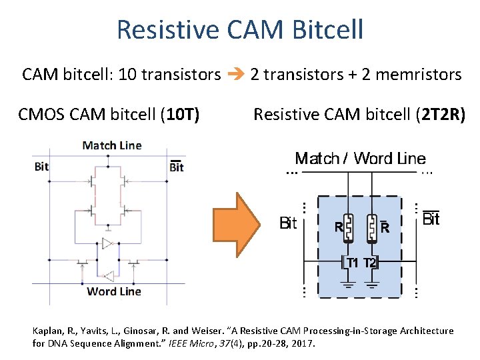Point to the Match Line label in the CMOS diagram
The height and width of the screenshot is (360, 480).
[x=111, y=145]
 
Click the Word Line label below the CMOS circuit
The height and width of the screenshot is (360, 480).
[x=114, y=291]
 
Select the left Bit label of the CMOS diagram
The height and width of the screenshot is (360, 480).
[x=41, y=166]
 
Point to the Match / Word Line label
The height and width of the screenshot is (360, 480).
[x=360, y=159]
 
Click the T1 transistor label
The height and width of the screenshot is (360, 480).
[x=353, y=263]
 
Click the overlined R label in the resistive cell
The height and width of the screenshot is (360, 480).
[x=385, y=227]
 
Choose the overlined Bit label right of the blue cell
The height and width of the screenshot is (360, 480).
[x=431, y=219]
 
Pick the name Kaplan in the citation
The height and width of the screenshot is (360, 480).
[x=48, y=331]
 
